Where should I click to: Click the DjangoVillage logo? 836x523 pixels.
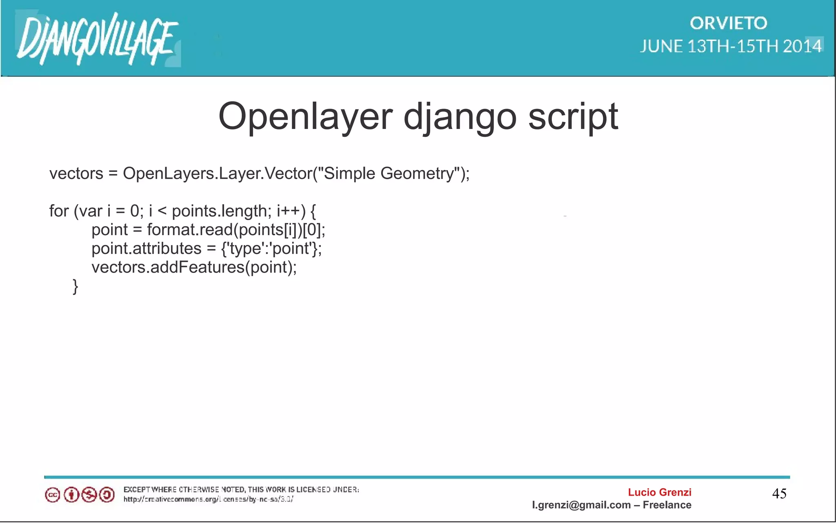[x=97, y=39]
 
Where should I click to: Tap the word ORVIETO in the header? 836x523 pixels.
[x=729, y=23]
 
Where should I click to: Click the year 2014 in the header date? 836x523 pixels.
[x=802, y=46]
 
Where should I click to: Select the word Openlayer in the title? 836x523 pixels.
[x=305, y=116]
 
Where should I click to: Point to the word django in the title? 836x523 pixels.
[x=460, y=116]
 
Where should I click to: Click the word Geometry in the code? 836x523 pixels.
[x=417, y=174]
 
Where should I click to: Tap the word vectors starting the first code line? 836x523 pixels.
[x=76, y=174]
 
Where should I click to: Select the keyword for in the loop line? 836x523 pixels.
[x=59, y=211]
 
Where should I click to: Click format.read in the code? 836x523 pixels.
[x=189, y=230]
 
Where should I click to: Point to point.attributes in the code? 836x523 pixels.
[x=146, y=249]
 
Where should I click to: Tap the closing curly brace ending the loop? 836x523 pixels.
[x=75, y=287]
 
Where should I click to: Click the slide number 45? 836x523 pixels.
[x=779, y=494]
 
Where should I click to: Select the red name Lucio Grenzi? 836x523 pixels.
[x=659, y=492]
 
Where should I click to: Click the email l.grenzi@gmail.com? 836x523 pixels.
[x=581, y=505]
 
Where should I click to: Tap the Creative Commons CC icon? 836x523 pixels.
[x=52, y=495]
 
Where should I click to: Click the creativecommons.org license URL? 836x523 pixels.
[x=208, y=499]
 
